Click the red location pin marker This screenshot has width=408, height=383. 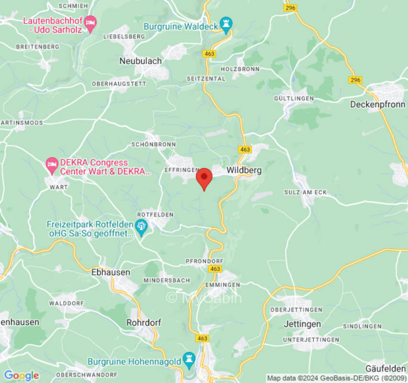coord(205,178)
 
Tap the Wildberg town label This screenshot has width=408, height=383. coord(244,170)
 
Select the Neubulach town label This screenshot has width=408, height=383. coord(140,61)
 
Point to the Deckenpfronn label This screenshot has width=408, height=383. coord(378,104)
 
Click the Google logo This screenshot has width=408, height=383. coord(21,375)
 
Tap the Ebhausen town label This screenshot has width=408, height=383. coord(110,272)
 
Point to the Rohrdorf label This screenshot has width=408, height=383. coord(142,323)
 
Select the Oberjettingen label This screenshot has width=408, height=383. coord(296,310)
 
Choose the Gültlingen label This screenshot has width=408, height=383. coord(294,99)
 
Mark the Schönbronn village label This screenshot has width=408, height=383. coord(154,144)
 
